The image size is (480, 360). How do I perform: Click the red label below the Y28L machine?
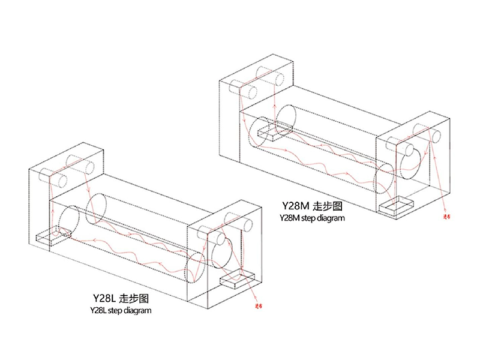260,305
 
